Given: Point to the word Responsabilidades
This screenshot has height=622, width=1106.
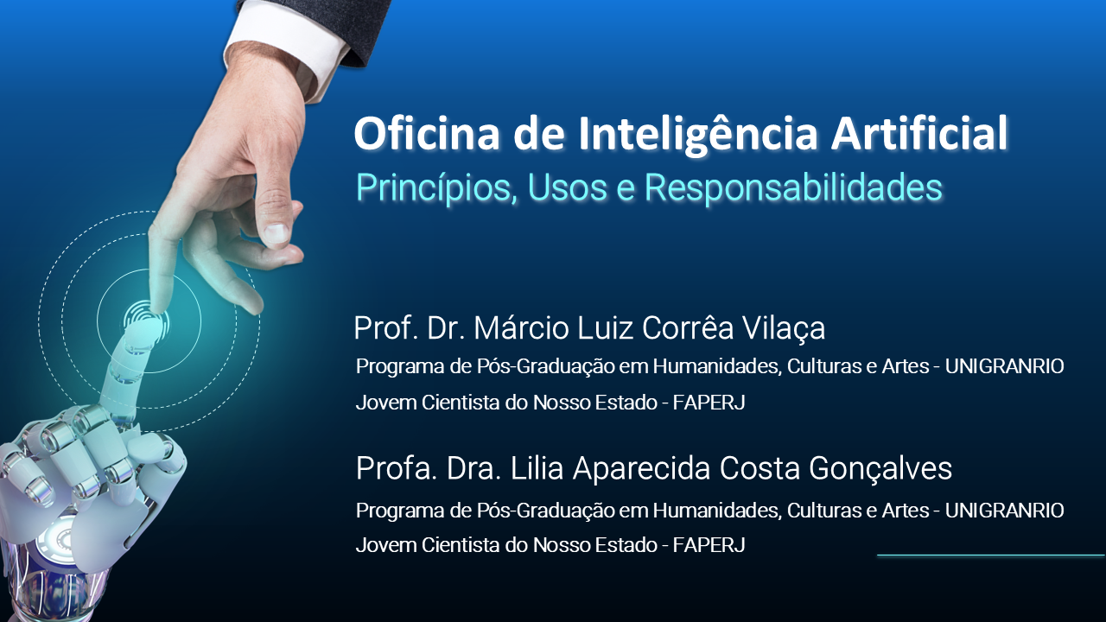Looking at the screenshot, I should click(803, 187).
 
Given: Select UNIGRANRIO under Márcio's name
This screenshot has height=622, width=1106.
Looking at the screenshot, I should click(1004, 366).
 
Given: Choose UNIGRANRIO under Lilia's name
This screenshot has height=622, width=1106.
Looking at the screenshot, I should click(1004, 511).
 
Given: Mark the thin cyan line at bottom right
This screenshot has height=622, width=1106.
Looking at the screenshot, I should click(990, 555).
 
